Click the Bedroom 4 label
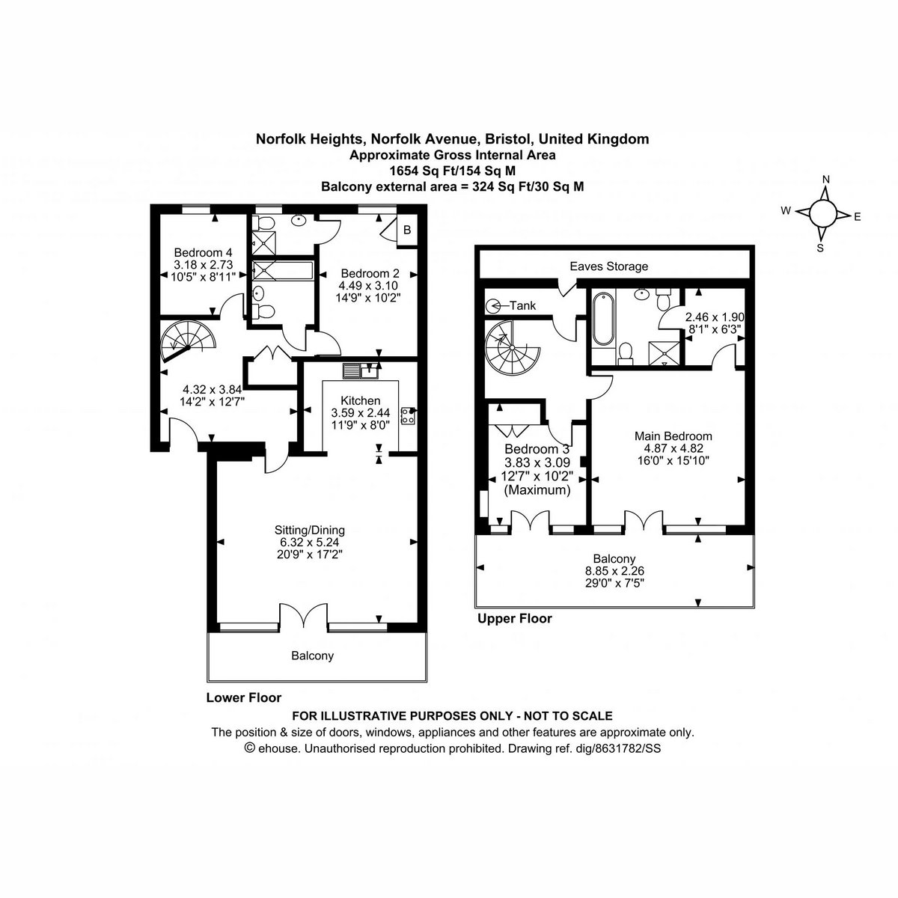(203, 253)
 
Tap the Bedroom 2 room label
(370, 274)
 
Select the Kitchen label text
(360, 400)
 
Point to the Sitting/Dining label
(309, 530)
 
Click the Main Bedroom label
(673, 436)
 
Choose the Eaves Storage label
(608, 266)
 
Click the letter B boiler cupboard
(407, 230)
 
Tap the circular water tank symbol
(492, 306)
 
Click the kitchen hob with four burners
(408, 415)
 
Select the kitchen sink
(360, 371)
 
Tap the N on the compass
(825, 180)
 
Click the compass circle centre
(823, 214)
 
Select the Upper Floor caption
(514, 618)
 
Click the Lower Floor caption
(244, 697)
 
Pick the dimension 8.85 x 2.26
(614, 570)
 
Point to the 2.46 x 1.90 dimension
(715, 317)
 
